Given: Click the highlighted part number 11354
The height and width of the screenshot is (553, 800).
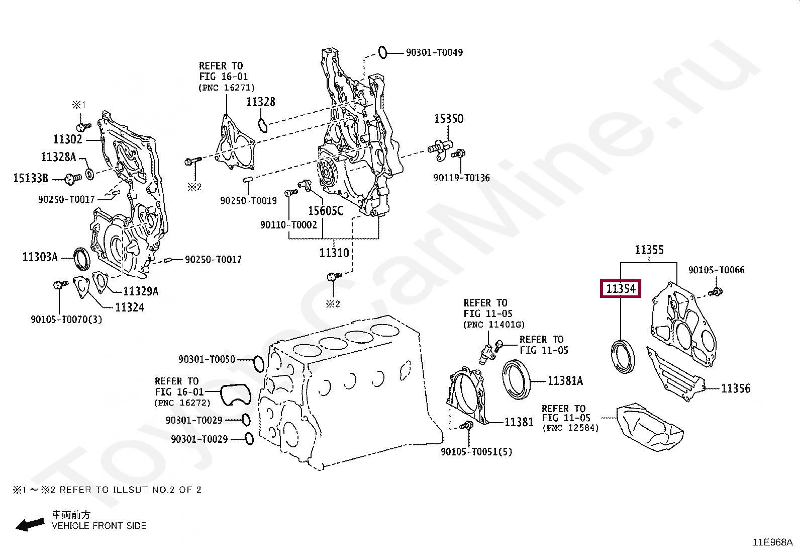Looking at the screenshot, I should [x=621, y=289].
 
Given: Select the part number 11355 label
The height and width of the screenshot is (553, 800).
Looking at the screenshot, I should [x=649, y=250].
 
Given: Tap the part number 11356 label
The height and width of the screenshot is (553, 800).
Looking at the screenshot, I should [x=735, y=388].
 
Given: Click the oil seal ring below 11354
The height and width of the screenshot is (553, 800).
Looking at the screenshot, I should [x=623, y=356].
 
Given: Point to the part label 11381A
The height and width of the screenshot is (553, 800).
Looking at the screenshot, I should [x=565, y=381].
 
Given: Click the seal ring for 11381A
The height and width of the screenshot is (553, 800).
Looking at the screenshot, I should [x=516, y=378].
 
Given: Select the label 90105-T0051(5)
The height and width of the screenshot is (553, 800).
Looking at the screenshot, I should [x=476, y=452].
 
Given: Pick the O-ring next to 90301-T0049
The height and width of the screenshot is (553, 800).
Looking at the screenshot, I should [x=382, y=51].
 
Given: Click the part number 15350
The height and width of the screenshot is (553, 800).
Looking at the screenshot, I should [x=449, y=119].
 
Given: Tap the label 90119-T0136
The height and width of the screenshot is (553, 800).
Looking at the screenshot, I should [x=461, y=178].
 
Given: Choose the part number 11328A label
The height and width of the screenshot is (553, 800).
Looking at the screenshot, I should [x=58, y=157].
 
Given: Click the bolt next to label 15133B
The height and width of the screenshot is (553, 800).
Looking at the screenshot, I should [x=73, y=177].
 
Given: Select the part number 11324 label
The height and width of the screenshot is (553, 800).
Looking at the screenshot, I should [x=130, y=307].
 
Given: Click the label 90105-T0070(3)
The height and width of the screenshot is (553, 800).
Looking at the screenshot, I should [x=66, y=319].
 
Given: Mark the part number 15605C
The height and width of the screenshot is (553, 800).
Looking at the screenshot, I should [x=325, y=211].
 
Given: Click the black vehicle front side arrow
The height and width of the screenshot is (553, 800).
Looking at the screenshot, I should [x=30, y=525].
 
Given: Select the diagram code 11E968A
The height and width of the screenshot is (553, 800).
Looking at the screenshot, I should [x=772, y=542].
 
